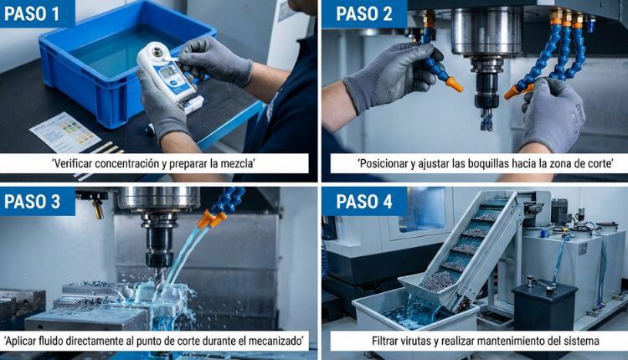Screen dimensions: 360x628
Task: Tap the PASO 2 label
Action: coord(364,13)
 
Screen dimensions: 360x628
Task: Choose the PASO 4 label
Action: coord(365,202)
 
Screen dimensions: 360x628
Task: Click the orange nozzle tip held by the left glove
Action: coord(453,84)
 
